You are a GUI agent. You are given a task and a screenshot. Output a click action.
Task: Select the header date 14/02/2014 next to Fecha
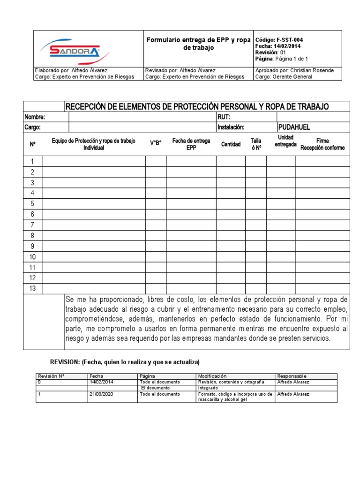click(288, 46)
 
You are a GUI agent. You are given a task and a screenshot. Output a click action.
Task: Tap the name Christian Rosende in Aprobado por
click(315, 70)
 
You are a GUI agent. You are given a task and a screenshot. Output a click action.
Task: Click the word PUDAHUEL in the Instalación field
click(294, 127)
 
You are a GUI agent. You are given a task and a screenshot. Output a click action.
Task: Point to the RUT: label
click(224, 117)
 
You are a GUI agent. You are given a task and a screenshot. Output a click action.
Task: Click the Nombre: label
click(36, 117)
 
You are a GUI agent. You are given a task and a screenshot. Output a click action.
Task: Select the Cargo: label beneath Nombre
click(33, 127)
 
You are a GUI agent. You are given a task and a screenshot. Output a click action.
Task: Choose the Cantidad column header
click(231, 144)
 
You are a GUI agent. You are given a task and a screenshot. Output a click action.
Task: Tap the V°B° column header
click(156, 144)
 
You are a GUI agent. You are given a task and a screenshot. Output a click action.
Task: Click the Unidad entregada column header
click(285, 141)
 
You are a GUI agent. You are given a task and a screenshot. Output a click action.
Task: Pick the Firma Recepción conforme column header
click(322, 144)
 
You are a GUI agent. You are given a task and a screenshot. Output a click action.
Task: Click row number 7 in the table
click(33, 225)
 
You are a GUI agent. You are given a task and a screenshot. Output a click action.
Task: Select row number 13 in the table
click(33, 288)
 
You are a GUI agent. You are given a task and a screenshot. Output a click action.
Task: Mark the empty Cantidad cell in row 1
click(231, 162)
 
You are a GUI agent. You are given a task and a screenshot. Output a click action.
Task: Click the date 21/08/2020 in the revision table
click(101, 394)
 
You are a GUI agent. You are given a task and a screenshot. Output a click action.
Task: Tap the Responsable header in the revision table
click(292, 376)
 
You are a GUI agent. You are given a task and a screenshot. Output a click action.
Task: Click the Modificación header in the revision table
click(212, 376)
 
